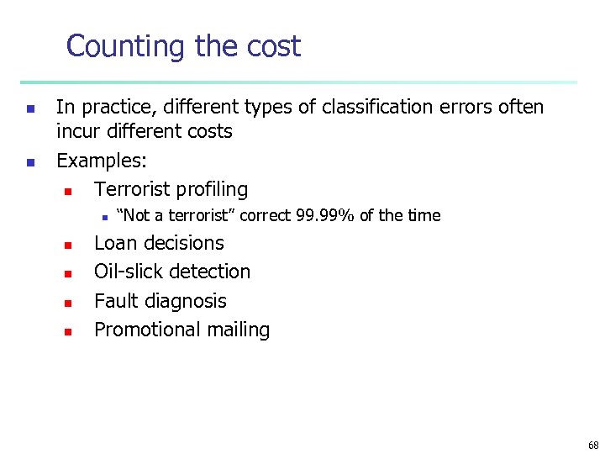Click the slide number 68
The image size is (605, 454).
click(593, 446)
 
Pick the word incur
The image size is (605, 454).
click(76, 132)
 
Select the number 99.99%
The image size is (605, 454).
click(326, 216)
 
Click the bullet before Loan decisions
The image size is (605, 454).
click(68, 245)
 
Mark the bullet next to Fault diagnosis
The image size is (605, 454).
click(68, 303)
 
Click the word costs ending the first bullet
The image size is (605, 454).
click(208, 132)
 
